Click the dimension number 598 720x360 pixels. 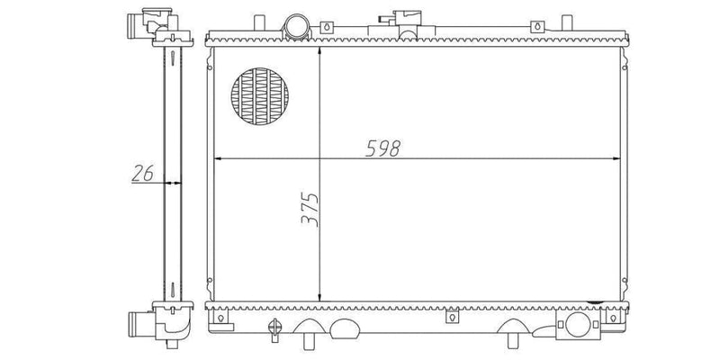(383, 148)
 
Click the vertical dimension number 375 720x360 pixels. (310, 209)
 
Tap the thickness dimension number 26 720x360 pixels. (142, 173)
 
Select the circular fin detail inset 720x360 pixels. (259, 97)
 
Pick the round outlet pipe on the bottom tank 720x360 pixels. (578, 324)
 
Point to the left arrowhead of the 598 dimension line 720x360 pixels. (219, 159)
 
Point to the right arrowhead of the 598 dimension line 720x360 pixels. (616, 159)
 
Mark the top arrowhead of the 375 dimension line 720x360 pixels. (319, 51)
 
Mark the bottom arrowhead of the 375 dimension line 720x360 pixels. (319, 297)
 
